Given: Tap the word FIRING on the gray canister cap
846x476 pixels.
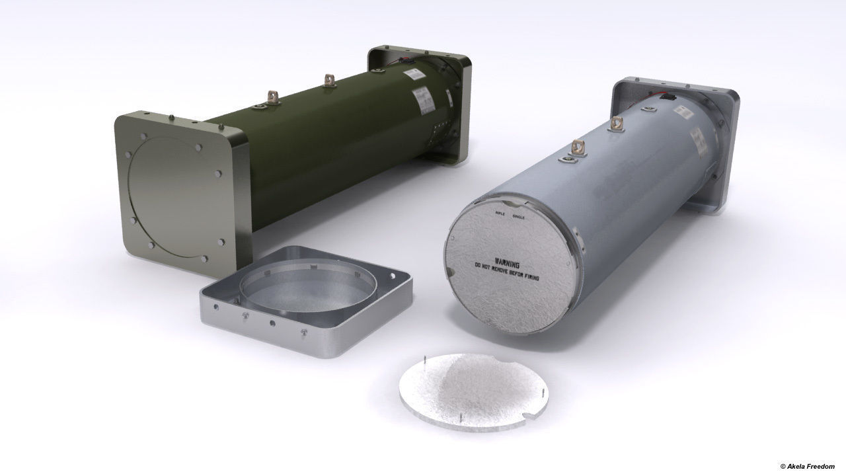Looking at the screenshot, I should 527,277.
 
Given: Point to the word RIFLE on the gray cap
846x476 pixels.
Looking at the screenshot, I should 500,214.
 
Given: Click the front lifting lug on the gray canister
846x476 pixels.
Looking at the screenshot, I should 578,149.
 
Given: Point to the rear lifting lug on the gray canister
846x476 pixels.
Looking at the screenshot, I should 618,124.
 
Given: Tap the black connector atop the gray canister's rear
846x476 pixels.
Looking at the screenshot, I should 670,97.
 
